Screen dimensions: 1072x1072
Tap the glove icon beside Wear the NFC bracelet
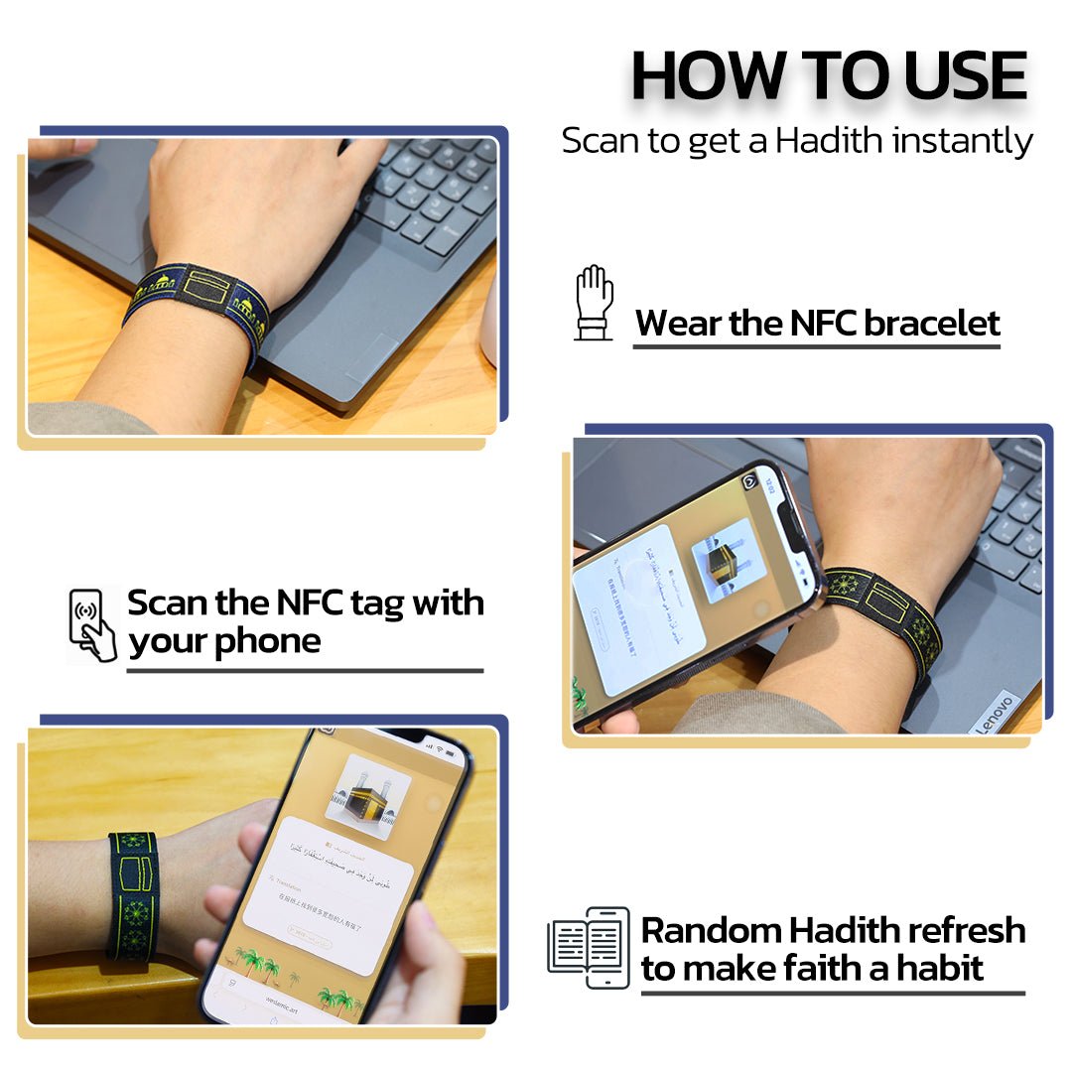pos(595,303)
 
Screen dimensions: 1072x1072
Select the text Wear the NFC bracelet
pos(817,323)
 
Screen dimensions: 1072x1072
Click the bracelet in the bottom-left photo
pos(133,896)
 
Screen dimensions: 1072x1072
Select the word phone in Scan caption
pos(266,641)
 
